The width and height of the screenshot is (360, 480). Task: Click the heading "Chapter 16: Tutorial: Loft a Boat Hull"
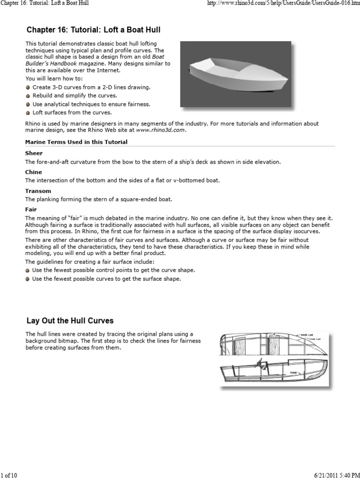coord(93,30)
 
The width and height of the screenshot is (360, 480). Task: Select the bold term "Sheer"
coord(34,153)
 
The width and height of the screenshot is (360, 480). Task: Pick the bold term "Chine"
coord(34,172)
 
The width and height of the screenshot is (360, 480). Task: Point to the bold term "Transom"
coord(38,191)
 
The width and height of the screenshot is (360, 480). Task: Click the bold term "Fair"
coord(31,210)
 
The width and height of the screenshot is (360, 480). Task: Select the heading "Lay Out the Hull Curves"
coord(70,321)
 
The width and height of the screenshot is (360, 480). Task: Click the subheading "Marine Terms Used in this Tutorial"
coord(76,142)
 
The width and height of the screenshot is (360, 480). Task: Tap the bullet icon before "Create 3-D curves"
coord(28,88)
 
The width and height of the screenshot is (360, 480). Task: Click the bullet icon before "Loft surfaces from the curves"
coord(28,113)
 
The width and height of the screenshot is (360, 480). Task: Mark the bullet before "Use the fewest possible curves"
coord(28,279)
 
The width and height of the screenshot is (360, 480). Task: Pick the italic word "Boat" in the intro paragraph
coord(157,57)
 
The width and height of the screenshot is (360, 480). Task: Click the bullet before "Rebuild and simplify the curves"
coord(28,96)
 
